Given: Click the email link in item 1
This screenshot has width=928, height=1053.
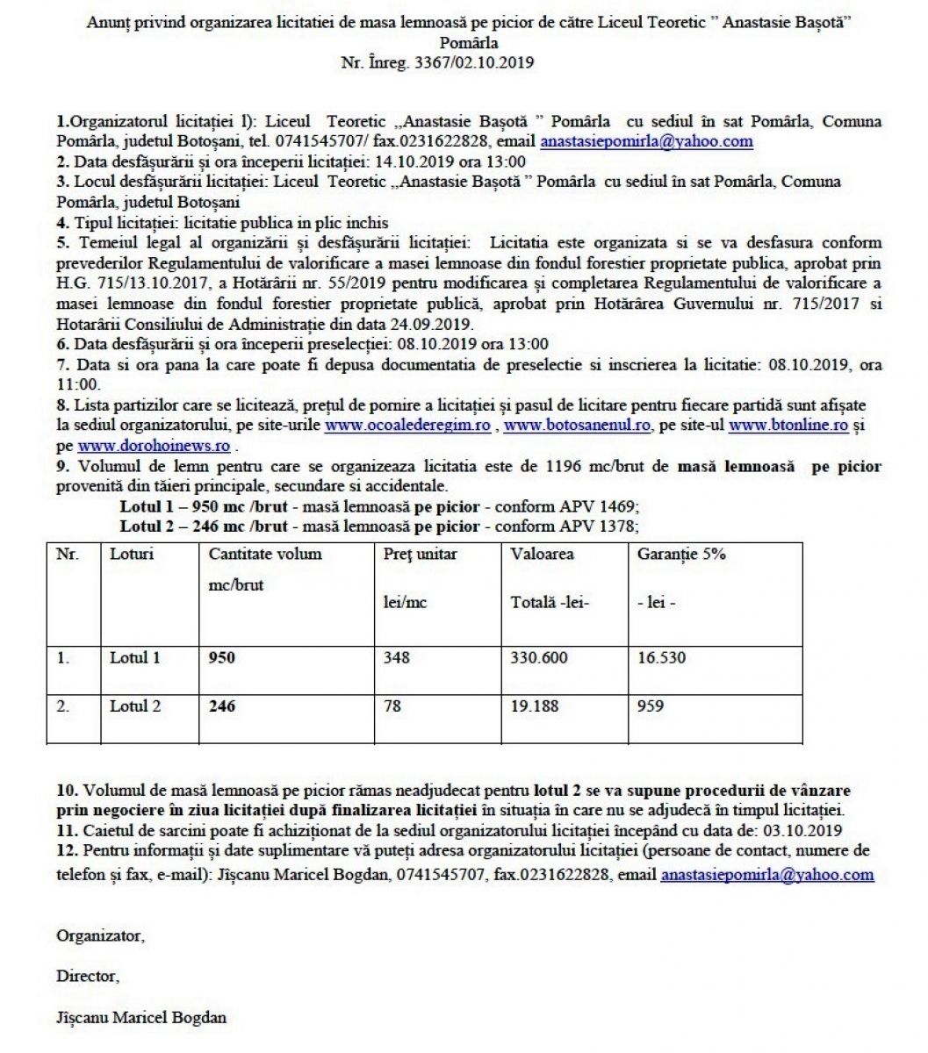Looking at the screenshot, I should click(646, 141).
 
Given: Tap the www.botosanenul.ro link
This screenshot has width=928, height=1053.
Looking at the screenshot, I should click(578, 425).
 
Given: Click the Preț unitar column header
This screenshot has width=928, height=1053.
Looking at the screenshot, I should click(421, 555).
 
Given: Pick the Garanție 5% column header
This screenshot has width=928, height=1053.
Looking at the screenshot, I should click(681, 555).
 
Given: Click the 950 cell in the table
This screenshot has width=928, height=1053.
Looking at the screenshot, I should click(222, 657).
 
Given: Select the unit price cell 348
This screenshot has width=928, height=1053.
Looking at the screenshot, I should click(397, 657).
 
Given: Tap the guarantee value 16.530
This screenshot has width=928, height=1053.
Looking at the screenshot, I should click(661, 657).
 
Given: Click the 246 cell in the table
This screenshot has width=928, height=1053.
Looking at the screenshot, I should click(222, 706).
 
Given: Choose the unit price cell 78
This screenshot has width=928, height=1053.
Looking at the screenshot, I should click(392, 706).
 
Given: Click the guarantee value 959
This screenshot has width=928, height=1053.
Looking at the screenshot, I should click(651, 706).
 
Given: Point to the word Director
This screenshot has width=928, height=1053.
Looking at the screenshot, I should click(87, 976).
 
